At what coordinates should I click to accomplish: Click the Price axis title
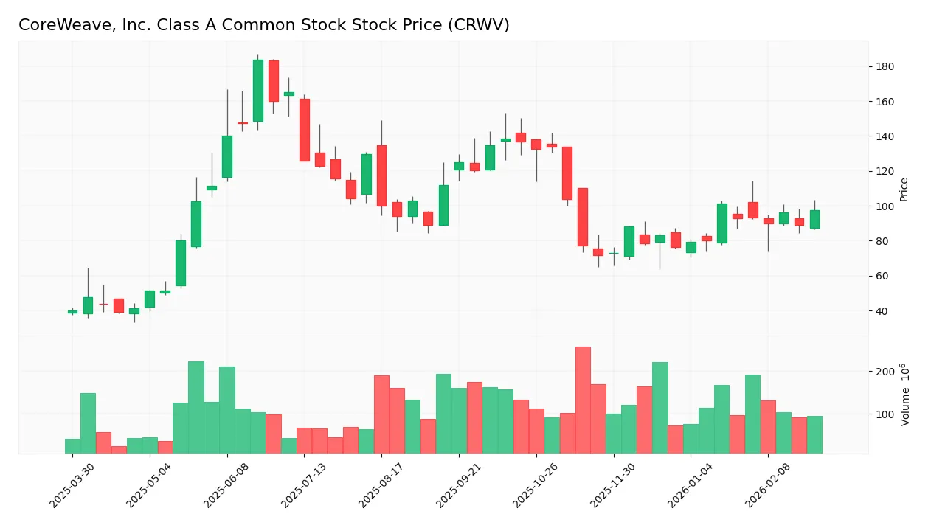[904, 190]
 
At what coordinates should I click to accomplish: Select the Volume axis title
[904, 395]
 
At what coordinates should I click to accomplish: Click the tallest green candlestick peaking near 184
[258, 90]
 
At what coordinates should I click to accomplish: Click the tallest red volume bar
[583, 400]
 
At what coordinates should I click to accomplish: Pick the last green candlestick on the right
[814, 219]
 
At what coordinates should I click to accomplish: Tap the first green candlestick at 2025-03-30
[72, 311]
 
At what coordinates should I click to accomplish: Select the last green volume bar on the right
[814, 434]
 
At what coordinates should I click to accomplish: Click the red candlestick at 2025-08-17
[381, 176]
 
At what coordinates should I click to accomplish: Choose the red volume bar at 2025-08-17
[381, 414]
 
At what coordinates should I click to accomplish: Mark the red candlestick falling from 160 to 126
[305, 130]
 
